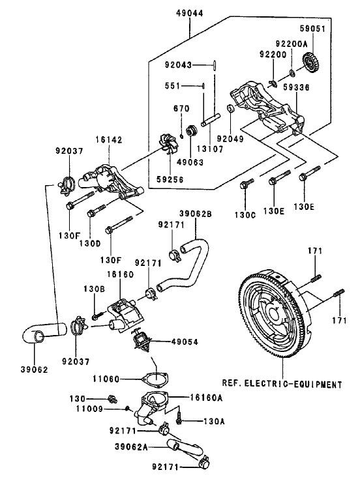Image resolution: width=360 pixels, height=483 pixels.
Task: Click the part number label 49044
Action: pyautogui.click(x=189, y=12)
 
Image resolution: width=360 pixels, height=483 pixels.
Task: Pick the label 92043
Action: pyautogui.click(x=178, y=65)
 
